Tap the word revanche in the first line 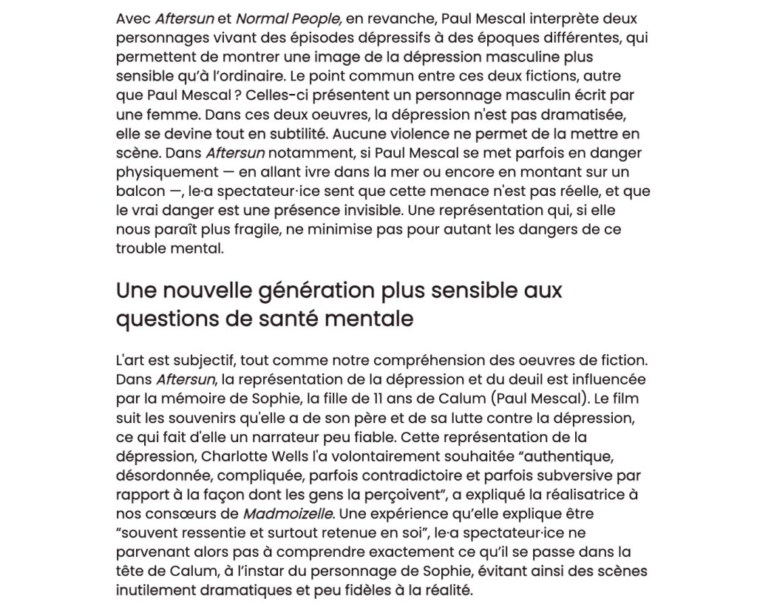pos(381,18)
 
